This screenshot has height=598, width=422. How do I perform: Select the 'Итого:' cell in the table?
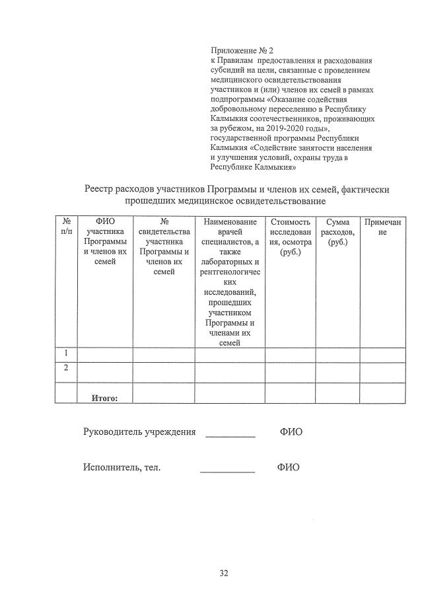tap(104, 398)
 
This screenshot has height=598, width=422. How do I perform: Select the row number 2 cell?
tap(66, 368)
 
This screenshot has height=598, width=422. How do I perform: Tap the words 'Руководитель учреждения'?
tap(139, 432)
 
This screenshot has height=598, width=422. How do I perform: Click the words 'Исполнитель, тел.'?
tap(122, 467)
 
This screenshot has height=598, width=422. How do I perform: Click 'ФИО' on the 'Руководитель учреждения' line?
tap(291, 432)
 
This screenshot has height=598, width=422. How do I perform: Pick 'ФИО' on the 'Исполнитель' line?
tap(288, 467)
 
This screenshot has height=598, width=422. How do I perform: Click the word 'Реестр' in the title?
tap(101, 190)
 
